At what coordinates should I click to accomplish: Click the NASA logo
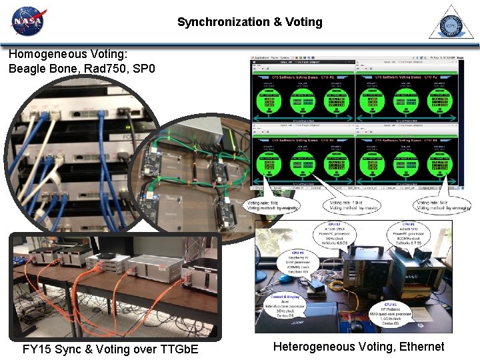coord(27,21)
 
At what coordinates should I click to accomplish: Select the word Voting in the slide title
coord(303,22)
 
